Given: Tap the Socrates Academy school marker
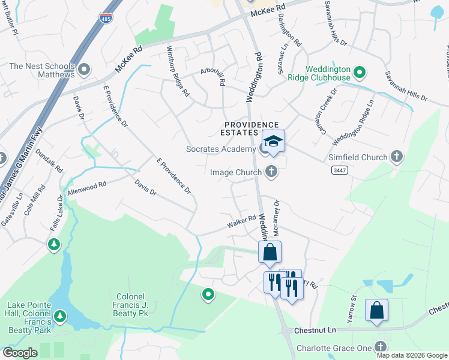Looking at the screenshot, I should coord(273,141).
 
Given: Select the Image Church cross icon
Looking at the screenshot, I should coord(271,172).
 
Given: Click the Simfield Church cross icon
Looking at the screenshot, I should coord(396,157).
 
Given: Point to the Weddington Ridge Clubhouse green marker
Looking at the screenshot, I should coord(360,73).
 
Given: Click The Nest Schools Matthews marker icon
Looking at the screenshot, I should coord(84,70).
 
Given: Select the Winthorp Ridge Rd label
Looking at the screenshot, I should coord(178,72).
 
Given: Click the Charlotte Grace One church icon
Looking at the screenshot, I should coord(381,346).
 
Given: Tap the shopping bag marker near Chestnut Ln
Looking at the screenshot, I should coord(376,310).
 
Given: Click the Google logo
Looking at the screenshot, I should coord(20,353).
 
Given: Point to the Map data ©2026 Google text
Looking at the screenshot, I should coord(412,355).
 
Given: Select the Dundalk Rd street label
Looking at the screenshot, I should coord(49,160).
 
